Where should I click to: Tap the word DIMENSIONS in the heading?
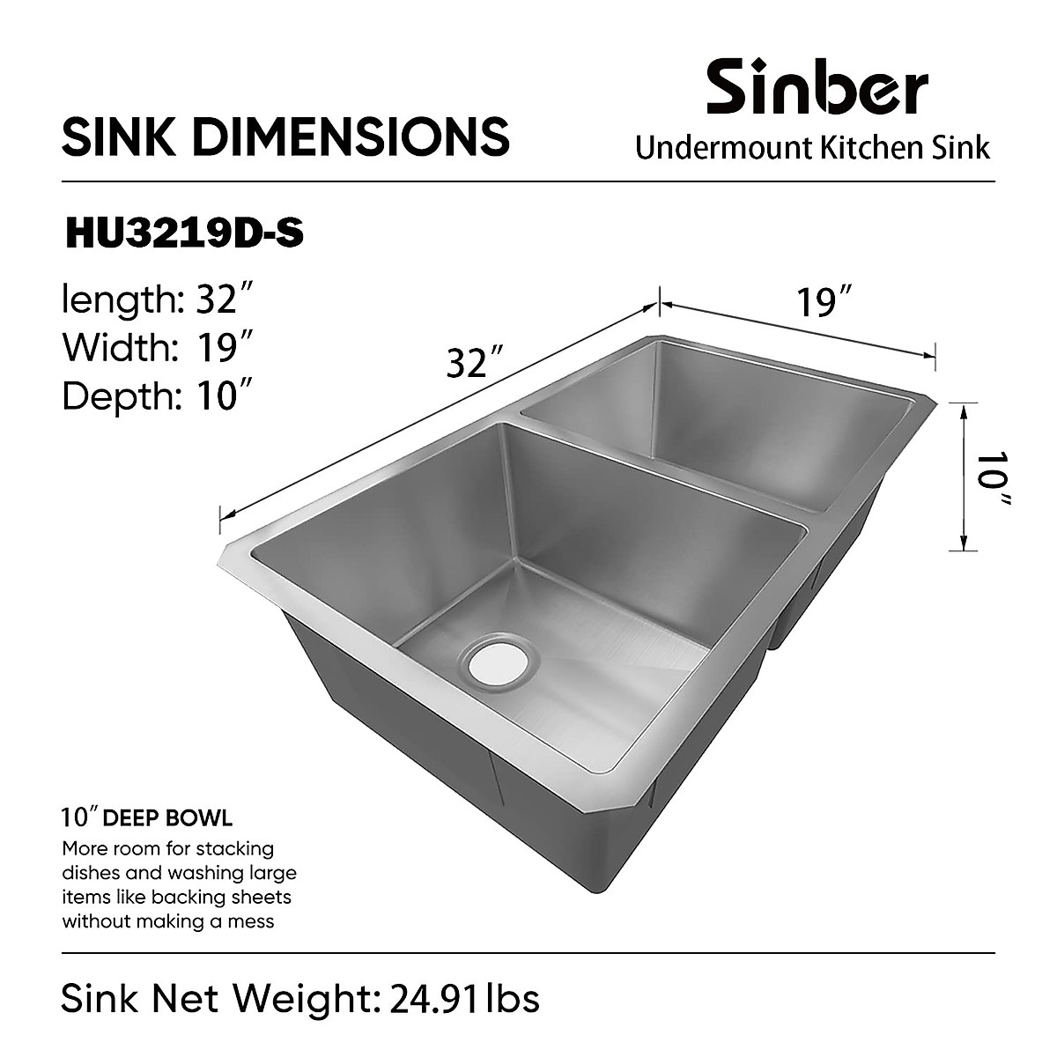(351, 137)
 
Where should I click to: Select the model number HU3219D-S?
(184, 234)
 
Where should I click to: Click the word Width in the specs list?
(115, 348)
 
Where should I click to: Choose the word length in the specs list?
(119, 300)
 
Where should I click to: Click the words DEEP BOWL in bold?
(167, 818)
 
